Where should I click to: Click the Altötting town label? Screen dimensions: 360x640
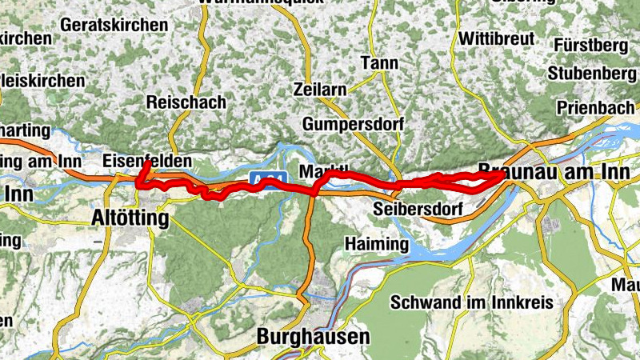click(x=130, y=218)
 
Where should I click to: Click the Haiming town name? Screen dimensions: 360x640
click(x=376, y=243)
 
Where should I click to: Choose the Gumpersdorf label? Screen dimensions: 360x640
click(x=354, y=124)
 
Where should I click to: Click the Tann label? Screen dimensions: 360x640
click(x=379, y=62)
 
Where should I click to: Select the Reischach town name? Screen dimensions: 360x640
click(x=186, y=102)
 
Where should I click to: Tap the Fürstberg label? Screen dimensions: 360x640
click(x=592, y=45)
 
